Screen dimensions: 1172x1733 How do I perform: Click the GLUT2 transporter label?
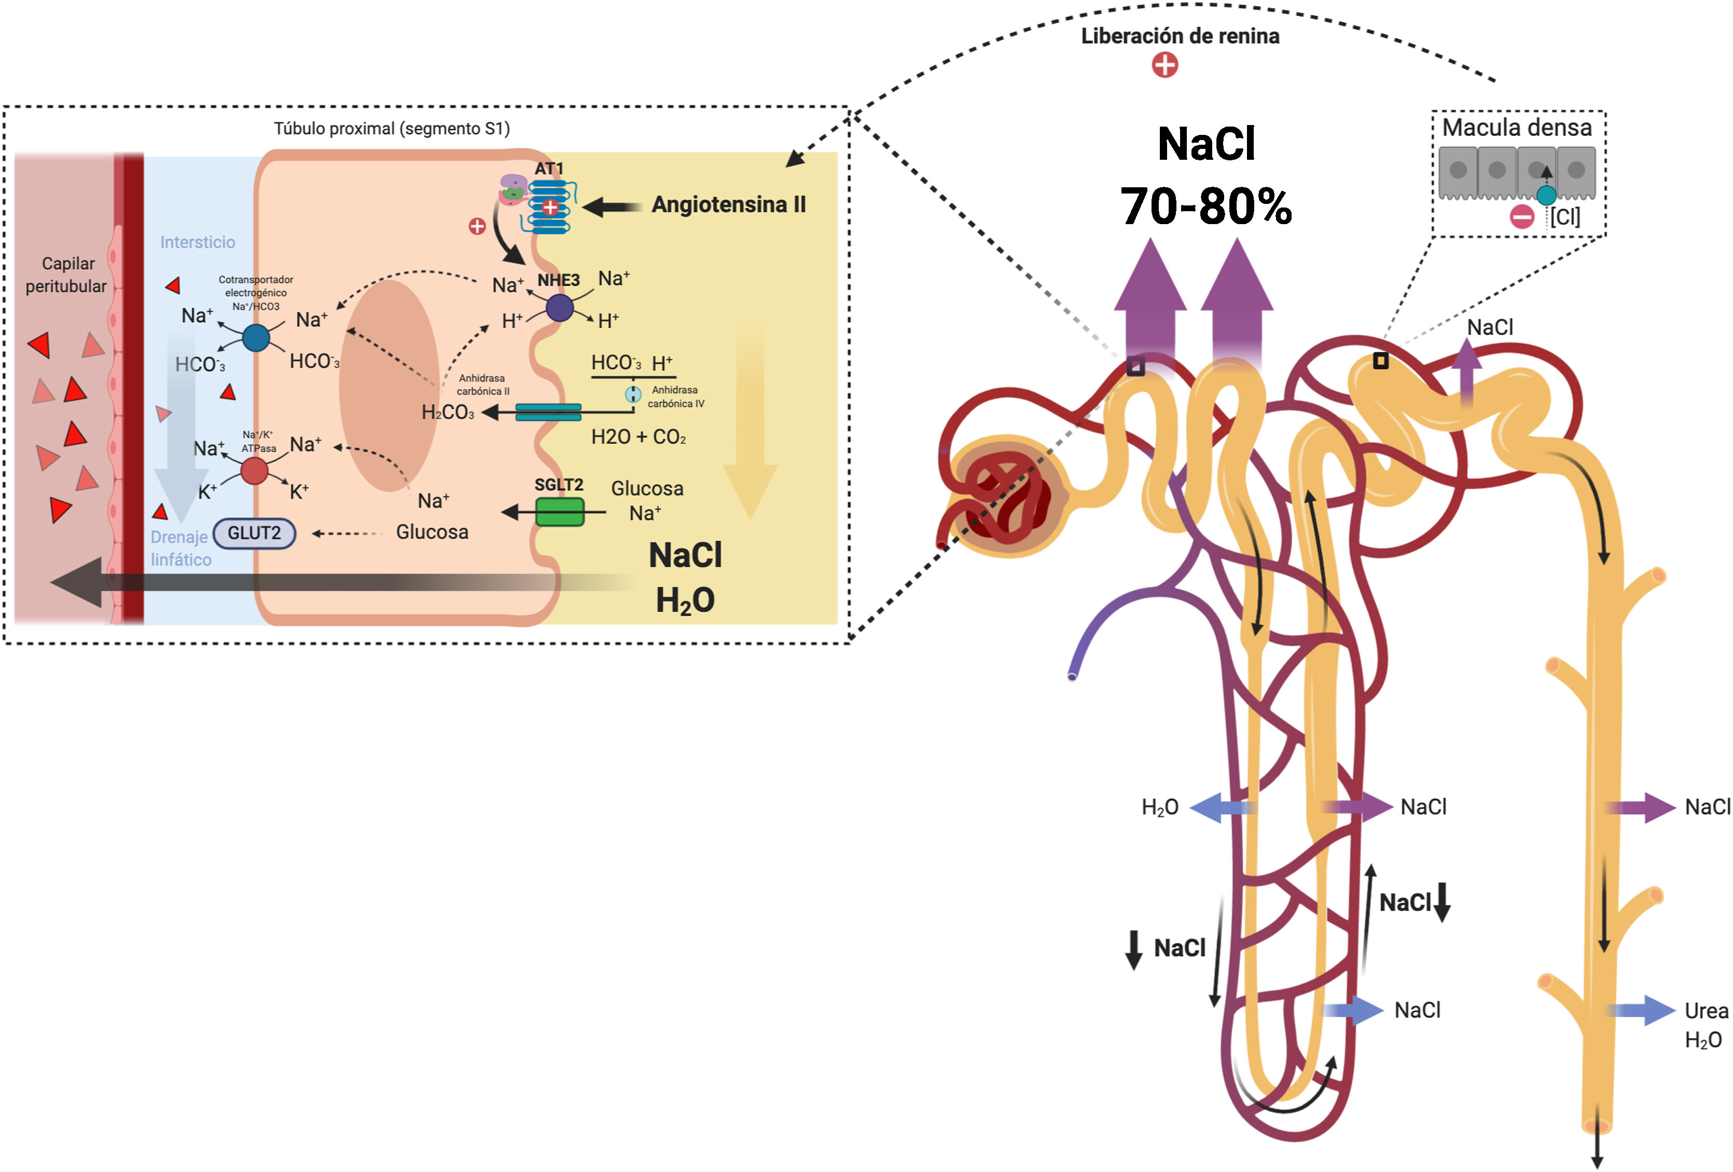tap(254, 533)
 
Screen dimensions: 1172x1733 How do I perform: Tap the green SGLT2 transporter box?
tap(560, 512)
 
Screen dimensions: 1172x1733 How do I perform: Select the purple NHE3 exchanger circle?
tap(559, 307)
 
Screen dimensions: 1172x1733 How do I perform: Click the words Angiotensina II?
tap(729, 204)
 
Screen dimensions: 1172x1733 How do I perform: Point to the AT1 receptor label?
tap(549, 169)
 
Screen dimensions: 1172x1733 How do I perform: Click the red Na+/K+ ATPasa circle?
tap(254, 471)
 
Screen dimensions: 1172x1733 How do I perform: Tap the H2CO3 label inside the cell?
tap(448, 412)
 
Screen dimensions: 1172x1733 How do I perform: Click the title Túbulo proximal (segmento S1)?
tap(392, 128)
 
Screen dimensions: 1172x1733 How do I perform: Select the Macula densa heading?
tap(1517, 128)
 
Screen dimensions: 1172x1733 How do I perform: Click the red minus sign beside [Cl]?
tap(1522, 217)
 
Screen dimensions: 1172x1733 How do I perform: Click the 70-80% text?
tap(1206, 206)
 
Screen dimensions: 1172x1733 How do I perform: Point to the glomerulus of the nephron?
tap(1007, 496)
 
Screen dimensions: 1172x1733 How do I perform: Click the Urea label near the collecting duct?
tap(1706, 1011)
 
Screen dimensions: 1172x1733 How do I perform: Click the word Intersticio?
tap(198, 242)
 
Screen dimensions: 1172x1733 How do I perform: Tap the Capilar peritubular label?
tap(66, 274)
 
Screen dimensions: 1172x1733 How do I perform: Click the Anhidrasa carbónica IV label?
tap(675, 397)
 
